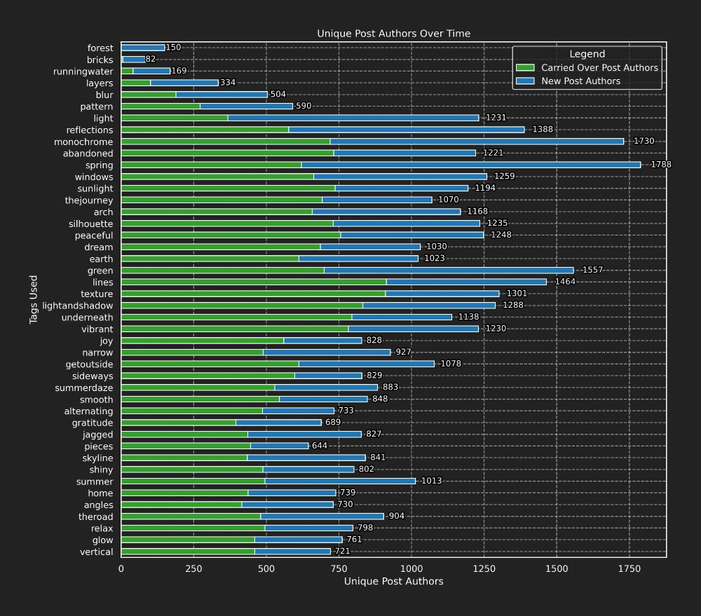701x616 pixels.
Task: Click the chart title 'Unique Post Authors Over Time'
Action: point(393,34)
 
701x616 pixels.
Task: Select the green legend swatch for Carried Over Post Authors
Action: point(525,68)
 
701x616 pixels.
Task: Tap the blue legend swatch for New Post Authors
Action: point(525,81)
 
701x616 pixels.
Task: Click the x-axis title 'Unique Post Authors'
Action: point(393,581)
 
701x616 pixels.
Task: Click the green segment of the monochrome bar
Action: point(225,142)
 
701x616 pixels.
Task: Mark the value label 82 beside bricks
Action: point(151,60)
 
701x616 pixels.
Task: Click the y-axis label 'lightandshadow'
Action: point(77,306)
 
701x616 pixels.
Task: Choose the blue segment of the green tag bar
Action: point(449,271)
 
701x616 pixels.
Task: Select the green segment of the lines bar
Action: point(253,282)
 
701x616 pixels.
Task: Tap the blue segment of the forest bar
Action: point(144,48)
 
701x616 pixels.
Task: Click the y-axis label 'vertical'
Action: point(97,552)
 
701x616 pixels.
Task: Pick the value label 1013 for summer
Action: point(431,481)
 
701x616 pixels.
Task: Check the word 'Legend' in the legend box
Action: point(587,54)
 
